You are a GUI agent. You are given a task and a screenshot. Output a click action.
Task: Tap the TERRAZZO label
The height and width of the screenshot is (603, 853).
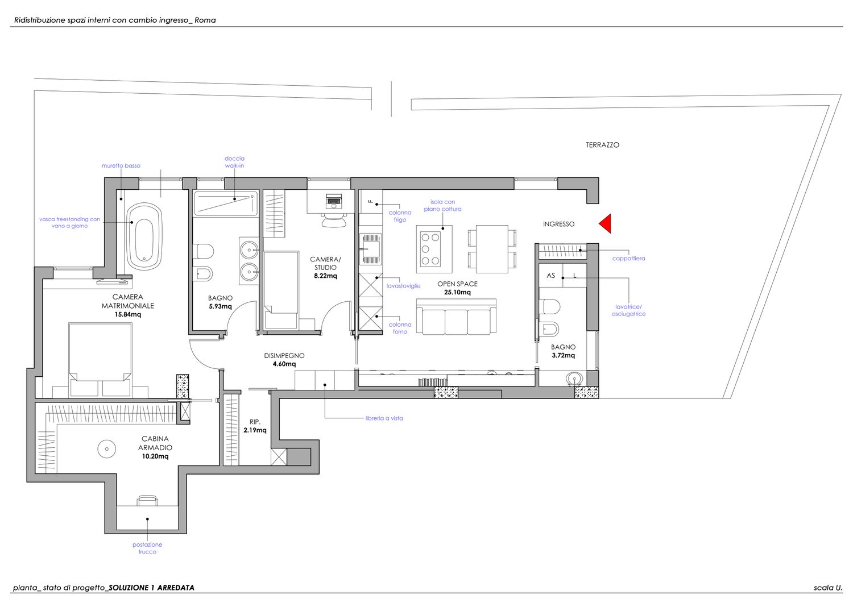coord(602,145)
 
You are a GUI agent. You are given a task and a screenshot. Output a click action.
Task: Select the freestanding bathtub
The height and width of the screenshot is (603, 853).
coord(144,236)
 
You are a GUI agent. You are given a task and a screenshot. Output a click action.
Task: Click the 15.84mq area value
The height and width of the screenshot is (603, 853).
coord(127,314)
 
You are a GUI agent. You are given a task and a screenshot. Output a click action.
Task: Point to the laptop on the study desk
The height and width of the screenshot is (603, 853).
coord(334,201)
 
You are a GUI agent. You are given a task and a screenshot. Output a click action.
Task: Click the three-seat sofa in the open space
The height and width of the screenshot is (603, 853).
coord(456,317)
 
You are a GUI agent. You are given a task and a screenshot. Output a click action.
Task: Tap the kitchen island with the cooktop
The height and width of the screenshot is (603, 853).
coord(434,249)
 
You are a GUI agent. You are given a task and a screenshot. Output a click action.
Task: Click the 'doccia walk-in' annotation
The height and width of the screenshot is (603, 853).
coord(234,162)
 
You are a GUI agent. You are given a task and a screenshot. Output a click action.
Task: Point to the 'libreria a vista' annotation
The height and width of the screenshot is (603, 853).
coord(384,418)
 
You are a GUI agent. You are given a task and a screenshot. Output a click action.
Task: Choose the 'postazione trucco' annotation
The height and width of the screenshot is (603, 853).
coord(147,548)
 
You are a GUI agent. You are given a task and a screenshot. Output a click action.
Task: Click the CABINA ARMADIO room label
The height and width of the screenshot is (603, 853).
coord(155,443)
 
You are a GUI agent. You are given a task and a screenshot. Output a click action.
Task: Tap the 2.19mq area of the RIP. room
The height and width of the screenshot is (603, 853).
coord(255,430)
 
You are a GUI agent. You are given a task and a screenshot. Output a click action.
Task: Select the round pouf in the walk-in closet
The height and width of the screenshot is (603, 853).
coord(107,449)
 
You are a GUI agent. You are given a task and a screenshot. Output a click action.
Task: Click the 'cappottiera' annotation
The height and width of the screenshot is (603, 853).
coord(628,259)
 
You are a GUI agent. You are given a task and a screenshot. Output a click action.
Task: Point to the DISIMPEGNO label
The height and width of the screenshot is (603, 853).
coord(284,356)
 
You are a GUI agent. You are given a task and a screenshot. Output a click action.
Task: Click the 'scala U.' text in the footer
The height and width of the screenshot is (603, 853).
coord(828,588)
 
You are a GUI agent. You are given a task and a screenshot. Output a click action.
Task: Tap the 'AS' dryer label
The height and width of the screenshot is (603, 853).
coord(550,275)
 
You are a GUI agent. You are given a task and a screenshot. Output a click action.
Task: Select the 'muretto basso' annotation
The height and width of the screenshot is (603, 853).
coord(121,165)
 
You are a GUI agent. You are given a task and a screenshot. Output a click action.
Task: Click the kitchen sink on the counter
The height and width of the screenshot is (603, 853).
coord(370,248)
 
